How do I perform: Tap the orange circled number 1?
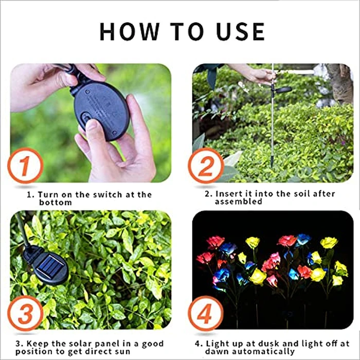(24, 165)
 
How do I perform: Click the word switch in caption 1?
(107, 194)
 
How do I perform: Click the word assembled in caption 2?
(238, 202)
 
